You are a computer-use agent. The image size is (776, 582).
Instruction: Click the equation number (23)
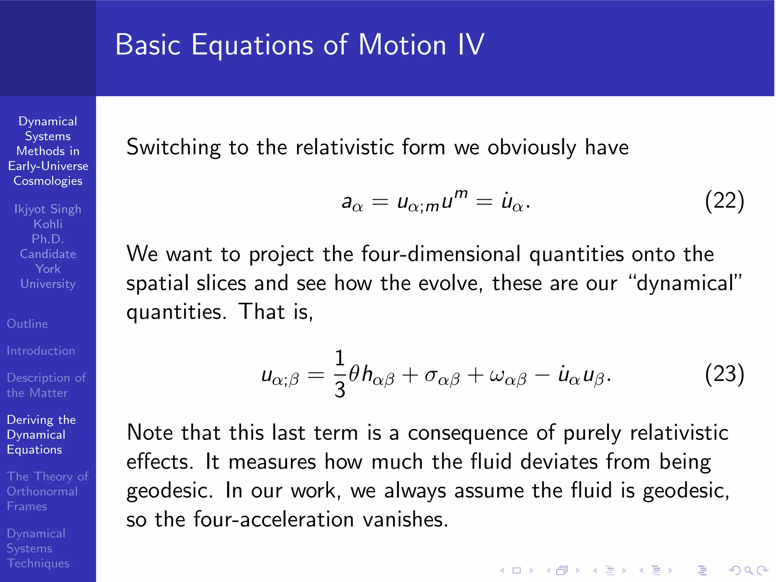click(x=724, y=374)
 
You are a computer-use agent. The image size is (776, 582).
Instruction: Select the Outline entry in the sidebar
click(x=27, y=324)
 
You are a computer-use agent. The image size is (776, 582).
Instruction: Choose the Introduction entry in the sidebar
click(x=41, y=351)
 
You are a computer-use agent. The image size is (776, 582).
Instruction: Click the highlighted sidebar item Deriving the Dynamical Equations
click(x=41, y=435)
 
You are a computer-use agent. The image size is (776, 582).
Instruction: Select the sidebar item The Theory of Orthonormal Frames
click(x=47, y=491)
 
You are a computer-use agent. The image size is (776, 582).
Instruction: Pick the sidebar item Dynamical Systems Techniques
click(x=38, y=548)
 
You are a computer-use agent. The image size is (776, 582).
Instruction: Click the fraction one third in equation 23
click(x=340, y=374)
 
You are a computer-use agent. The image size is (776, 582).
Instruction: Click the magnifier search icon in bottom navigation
click(x=748, y=570)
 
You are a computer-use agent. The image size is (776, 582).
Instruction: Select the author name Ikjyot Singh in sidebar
click(x=48, y=209)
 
